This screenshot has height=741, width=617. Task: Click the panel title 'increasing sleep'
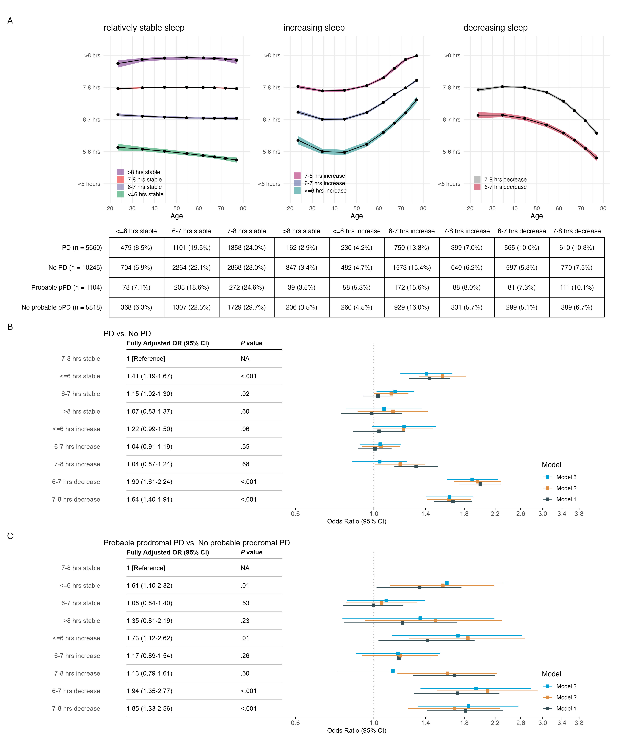[314, 28]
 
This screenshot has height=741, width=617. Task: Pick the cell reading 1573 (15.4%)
[411, 268]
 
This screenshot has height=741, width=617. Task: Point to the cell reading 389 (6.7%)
[576, 307]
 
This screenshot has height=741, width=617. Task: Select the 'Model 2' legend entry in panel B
[566, 488]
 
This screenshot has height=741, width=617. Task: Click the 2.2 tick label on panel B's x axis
[495, 514]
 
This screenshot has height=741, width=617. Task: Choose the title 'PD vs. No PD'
[127, 333]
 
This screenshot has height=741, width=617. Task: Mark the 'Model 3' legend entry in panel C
[566, 686]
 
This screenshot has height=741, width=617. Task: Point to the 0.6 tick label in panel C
[295, 723]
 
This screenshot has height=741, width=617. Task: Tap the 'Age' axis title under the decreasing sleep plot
[536, 216]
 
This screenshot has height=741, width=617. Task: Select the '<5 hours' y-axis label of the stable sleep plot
[89, 184]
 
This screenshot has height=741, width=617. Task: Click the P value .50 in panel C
[245, 673]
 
